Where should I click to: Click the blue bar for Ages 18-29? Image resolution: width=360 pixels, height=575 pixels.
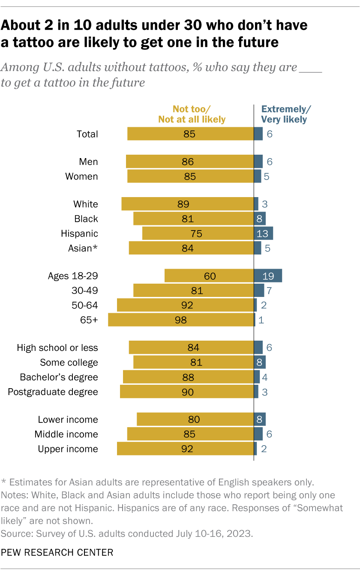[268, 276]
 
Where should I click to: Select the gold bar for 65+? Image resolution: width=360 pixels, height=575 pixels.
[181, 320]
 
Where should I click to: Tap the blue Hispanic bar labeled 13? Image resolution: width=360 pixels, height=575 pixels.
[264, 234]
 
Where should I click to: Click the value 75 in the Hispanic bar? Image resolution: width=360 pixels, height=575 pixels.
[197, 234]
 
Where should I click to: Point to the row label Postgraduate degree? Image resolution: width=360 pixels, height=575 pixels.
[53, 392]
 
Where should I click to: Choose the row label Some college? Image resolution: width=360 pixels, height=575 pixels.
[69, 362]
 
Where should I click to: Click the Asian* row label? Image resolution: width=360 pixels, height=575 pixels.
[83, 248]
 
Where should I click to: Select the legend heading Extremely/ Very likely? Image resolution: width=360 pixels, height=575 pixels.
[284, 114]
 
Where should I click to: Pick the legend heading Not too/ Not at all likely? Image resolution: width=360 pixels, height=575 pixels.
[192, 114]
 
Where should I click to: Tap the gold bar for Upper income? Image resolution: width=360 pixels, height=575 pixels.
[185, 449]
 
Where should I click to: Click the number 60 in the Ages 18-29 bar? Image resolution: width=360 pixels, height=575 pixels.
[210, 276]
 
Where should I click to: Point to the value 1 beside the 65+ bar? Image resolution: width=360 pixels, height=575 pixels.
[261, 320]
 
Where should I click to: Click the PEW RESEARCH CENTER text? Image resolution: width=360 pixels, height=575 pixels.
[57, 553]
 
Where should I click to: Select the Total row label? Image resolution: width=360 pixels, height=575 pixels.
[87, 134]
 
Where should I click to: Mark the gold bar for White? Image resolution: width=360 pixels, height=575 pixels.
[187, 204]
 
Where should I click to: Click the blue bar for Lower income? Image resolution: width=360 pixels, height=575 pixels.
[260, 419]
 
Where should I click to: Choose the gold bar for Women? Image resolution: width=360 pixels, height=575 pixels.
[190, 176]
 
